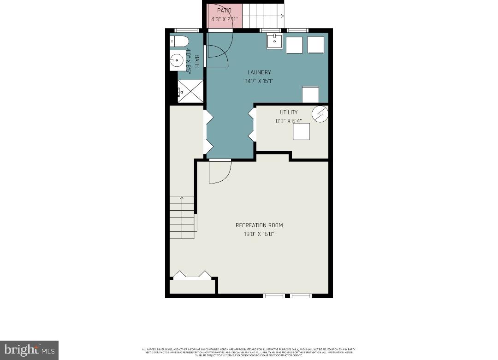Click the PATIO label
tap(224, 10)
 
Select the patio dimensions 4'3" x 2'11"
tap(224, 19)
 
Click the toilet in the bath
tap(179, 41)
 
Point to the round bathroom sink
tap(177, 60)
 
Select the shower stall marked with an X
tap(191, 91)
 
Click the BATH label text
tap(196, 61)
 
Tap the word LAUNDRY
tap(259, 72)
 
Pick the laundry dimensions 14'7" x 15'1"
tap(259, 81)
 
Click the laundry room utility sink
tap(274, 41)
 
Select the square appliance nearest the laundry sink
tap(294, 45)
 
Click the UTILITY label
tap(289, 112)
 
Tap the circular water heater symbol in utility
tap(320, 114)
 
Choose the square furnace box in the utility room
tap(302, 132)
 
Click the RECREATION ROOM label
tap(259, 225)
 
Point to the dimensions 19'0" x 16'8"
tap(259, 234)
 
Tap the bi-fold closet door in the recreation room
tap(192, 276)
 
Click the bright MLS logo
tap(29, 350)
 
